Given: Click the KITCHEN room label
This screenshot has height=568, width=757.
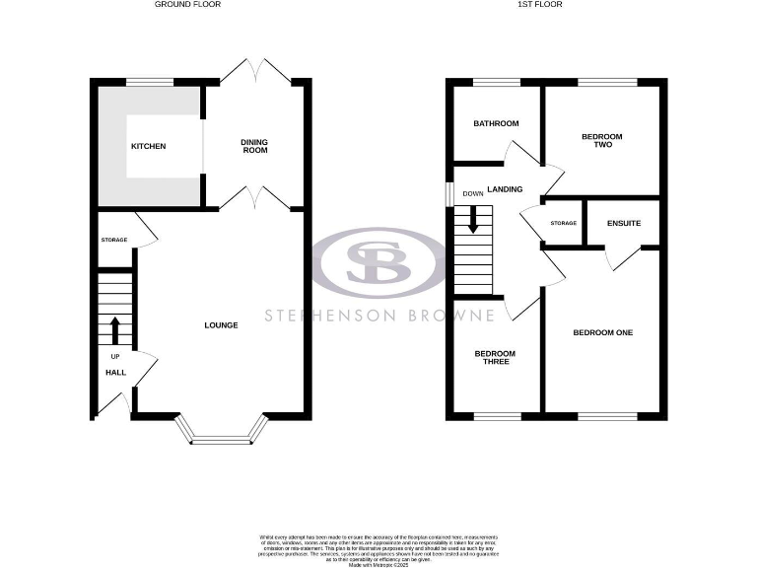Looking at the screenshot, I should (x=149, y=147).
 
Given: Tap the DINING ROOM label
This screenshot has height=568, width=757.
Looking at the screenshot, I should (x=254, y=147).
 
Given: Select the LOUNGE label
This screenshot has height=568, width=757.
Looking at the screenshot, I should (x=221, y=324).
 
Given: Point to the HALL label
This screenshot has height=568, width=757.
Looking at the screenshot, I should (x=115, y=372).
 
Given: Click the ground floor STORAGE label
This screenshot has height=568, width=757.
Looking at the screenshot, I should (x=114, y=240).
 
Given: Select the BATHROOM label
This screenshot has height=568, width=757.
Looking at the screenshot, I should (x=495, y=123).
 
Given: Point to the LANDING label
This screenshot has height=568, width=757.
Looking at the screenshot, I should (x=504, y=188).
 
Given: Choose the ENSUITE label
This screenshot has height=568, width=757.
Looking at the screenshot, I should (x=624, y=223).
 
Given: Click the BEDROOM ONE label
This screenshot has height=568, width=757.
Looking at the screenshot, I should (x=602, y=332).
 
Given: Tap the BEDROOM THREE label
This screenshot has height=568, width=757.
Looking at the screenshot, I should (x=495, y=358).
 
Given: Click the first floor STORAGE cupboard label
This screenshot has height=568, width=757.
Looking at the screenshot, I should (x=563, y=224).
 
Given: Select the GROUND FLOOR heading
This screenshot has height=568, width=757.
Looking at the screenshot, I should (x=187, y=5).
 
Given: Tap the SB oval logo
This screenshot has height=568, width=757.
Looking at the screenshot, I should (x=378, y=262).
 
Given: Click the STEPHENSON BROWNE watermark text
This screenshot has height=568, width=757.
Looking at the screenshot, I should (x=378, y=316).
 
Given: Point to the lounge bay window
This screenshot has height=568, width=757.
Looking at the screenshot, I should (x=222, y=435).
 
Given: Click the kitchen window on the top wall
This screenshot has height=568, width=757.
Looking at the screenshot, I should (x=149, y=81).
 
